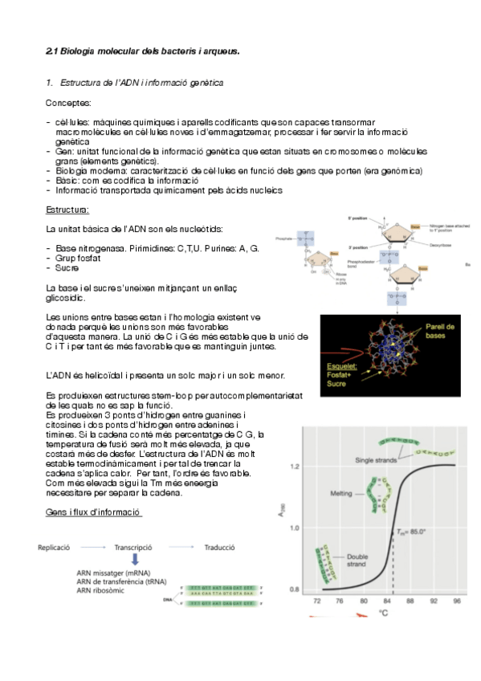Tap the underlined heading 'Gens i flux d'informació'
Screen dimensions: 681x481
coord(94,512)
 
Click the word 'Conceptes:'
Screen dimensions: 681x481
coord(68,103)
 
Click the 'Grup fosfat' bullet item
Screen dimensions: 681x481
coord(79,259)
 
